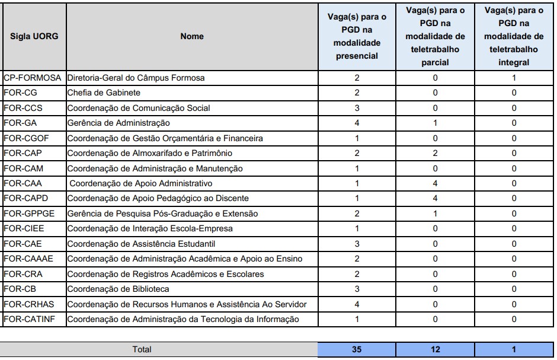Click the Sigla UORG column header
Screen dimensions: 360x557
[x=34, y=36]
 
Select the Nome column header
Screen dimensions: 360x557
[x=191, y=36]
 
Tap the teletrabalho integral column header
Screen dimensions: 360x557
[x=514, y=36]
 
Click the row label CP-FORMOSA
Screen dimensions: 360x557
[x=33, y=78]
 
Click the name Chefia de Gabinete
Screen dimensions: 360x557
[x=104, y=93]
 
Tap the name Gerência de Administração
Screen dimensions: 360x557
[x=119, y=123]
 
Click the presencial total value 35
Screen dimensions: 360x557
[x=357, y=349]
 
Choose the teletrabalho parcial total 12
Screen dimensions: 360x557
[x=435, y=349]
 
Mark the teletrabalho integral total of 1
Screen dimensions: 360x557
[x=514, y=349]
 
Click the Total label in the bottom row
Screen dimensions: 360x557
[x=142, y=349]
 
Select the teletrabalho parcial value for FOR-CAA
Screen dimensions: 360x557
[x=435, y=183]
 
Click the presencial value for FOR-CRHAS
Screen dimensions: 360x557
[x=357, y=304]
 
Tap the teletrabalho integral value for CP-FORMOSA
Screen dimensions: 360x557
[x=514, y=78]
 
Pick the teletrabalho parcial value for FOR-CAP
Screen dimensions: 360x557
[x=435, y=153]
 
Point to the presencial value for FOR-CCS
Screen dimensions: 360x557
[x=357, y=108]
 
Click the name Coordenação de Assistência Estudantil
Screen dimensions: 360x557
[x=141, y=244]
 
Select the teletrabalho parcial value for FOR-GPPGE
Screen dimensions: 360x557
[x=435, y=214]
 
